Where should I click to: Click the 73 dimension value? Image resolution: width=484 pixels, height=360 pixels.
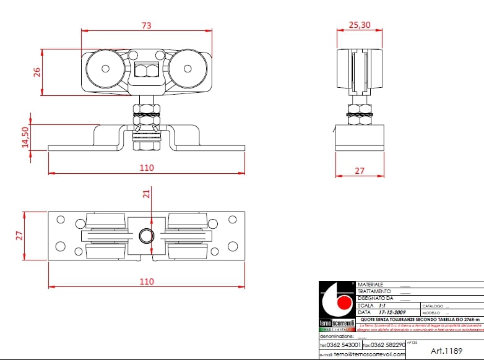(147, 25)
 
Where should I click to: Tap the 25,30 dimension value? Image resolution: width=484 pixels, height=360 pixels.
(360, 25)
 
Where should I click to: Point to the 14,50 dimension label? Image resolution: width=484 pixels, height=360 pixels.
(25, 137)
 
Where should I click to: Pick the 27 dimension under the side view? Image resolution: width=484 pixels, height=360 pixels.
(360, 170)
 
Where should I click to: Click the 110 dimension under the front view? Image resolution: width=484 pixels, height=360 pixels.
(146, 168)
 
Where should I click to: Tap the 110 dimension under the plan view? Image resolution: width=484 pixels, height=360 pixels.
(146, 281)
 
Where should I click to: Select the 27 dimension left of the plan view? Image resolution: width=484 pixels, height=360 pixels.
(19, 235)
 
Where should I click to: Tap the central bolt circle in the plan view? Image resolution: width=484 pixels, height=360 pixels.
(147, 236)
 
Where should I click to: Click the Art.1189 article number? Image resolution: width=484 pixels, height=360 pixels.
(446, 350)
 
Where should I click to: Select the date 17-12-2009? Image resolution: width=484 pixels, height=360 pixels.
(395, 312)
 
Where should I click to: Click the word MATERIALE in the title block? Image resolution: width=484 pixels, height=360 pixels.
(371, 285)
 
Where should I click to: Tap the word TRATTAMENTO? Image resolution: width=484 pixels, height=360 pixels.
(374, 291)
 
